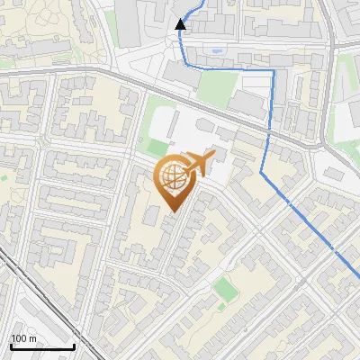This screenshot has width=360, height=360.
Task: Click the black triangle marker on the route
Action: coord(181,24)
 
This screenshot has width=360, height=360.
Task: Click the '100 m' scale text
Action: coord(23,338)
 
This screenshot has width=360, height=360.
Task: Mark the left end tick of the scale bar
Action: coord(10,346)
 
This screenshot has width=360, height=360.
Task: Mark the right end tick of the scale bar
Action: coord(74,346)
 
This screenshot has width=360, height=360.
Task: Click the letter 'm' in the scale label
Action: coord(32,338)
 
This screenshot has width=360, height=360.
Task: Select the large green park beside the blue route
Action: coord(217,88)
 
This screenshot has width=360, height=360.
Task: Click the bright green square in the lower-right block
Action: coord(223,287)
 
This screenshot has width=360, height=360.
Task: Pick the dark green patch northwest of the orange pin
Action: coord(157,147)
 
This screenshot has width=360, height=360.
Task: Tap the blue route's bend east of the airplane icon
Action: coord(262,171)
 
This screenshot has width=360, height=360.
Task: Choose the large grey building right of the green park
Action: coord(247,103)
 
